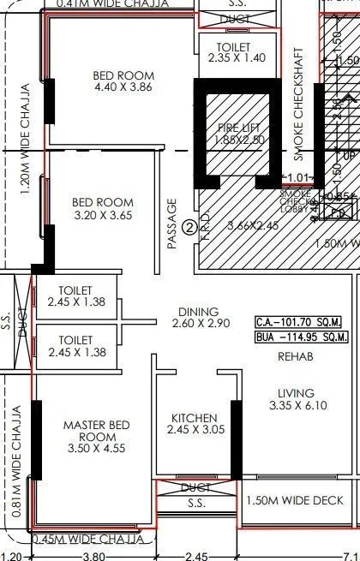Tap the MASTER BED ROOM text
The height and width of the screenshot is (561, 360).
point(97,431)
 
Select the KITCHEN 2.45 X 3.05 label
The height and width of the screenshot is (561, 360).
point(193,424)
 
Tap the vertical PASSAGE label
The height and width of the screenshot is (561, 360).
point(172,224)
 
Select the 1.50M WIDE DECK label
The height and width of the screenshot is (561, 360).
point(295,501)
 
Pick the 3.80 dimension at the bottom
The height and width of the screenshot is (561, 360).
point(93,555)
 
